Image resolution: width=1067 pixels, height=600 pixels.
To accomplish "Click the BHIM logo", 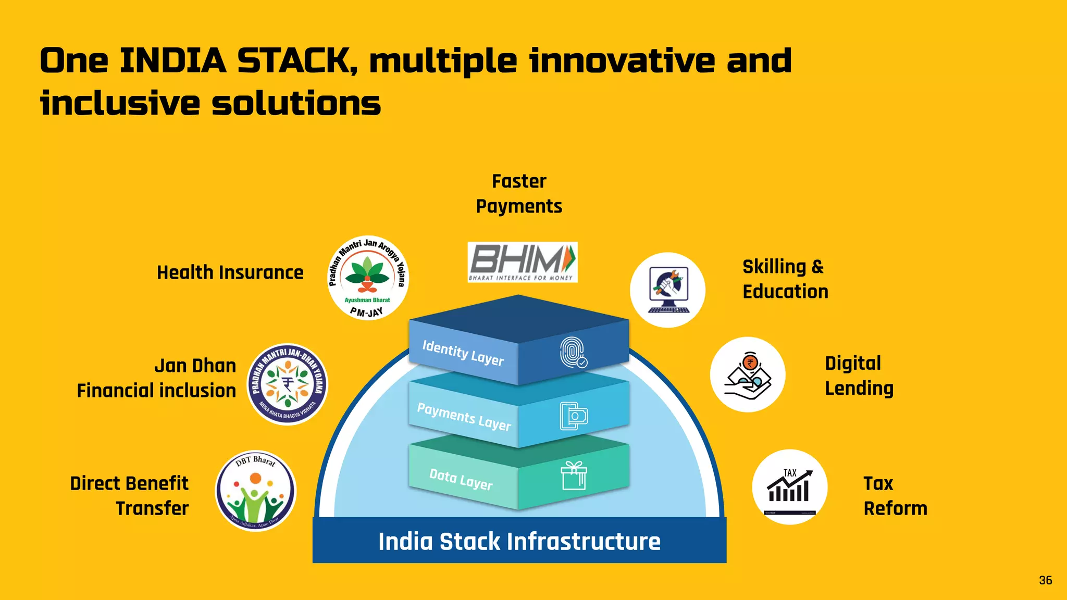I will pyautogui.click(x=522, y=262).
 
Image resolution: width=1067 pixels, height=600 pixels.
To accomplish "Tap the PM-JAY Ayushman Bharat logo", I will pyautogui.click(x=368, y=278).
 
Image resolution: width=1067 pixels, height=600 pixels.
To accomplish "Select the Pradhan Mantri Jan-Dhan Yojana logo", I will pyautogui.click(x=287, y=384).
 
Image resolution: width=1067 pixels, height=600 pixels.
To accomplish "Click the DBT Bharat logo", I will pyautogui.click(x=255, y=491).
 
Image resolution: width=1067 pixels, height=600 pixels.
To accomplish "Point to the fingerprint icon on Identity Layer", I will pyautogui.click(x=573, y=353).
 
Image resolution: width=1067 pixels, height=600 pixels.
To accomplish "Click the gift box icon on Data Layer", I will pyautogui.click(x=574, y=476).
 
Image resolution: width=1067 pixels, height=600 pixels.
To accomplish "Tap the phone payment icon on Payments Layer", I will pyautogui.click(x=573, y=416).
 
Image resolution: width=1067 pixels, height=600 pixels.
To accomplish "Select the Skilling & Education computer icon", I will pyautogui.click(x=668, y=290).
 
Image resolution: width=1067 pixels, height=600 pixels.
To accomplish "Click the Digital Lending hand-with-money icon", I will pyautogui.click(x=748, y=374).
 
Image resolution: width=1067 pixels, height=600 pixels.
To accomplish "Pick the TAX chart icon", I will pyautogui.click(x=789, y=487).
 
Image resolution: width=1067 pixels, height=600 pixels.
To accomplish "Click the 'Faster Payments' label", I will pyautogui.click(x=519, y=194).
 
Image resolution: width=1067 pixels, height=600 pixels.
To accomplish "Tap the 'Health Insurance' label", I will pyautogui.click(x=230, y=272).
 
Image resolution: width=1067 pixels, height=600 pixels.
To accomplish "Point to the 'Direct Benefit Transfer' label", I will pyautogui.click(x=129, y=496).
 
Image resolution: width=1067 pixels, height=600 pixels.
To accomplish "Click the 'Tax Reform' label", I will pyautogui.click(x=895, y=496).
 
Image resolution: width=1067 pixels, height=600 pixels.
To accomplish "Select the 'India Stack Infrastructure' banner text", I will pyautogui.click(x=519, y=541).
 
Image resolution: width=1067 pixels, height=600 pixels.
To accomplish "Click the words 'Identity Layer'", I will pyautogui.click(x=463, y=353).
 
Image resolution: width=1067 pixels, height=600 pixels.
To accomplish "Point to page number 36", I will pyautogui.click(x=1045, y=580).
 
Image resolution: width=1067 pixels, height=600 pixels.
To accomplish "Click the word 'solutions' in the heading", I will pyautogui.click(x=296, y=103).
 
